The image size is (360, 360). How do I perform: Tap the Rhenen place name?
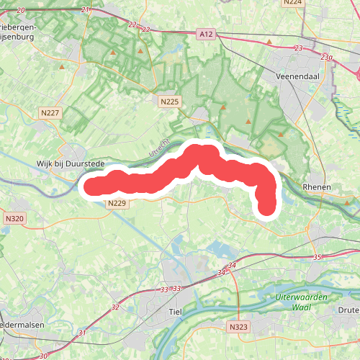[x=317, y=187]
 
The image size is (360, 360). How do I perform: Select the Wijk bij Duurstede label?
[x=71, y=164]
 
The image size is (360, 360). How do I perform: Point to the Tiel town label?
[x=174, y=311]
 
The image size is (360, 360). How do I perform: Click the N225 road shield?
[x=169, y=102]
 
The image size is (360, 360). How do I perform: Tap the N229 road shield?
[x=117, y=204]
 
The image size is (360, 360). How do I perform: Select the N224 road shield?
[x=292, y=2]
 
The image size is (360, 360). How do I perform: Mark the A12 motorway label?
[x=207, y=33]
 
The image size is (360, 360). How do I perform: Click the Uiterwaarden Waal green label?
[x=302, y=302]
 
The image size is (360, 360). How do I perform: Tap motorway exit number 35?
[x=318, y=257]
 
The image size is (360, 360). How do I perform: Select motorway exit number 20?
[x=20, y=10]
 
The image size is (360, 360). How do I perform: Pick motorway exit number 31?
[x=82, y=333]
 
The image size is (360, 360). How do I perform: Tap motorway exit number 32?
[x=116, y=307]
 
